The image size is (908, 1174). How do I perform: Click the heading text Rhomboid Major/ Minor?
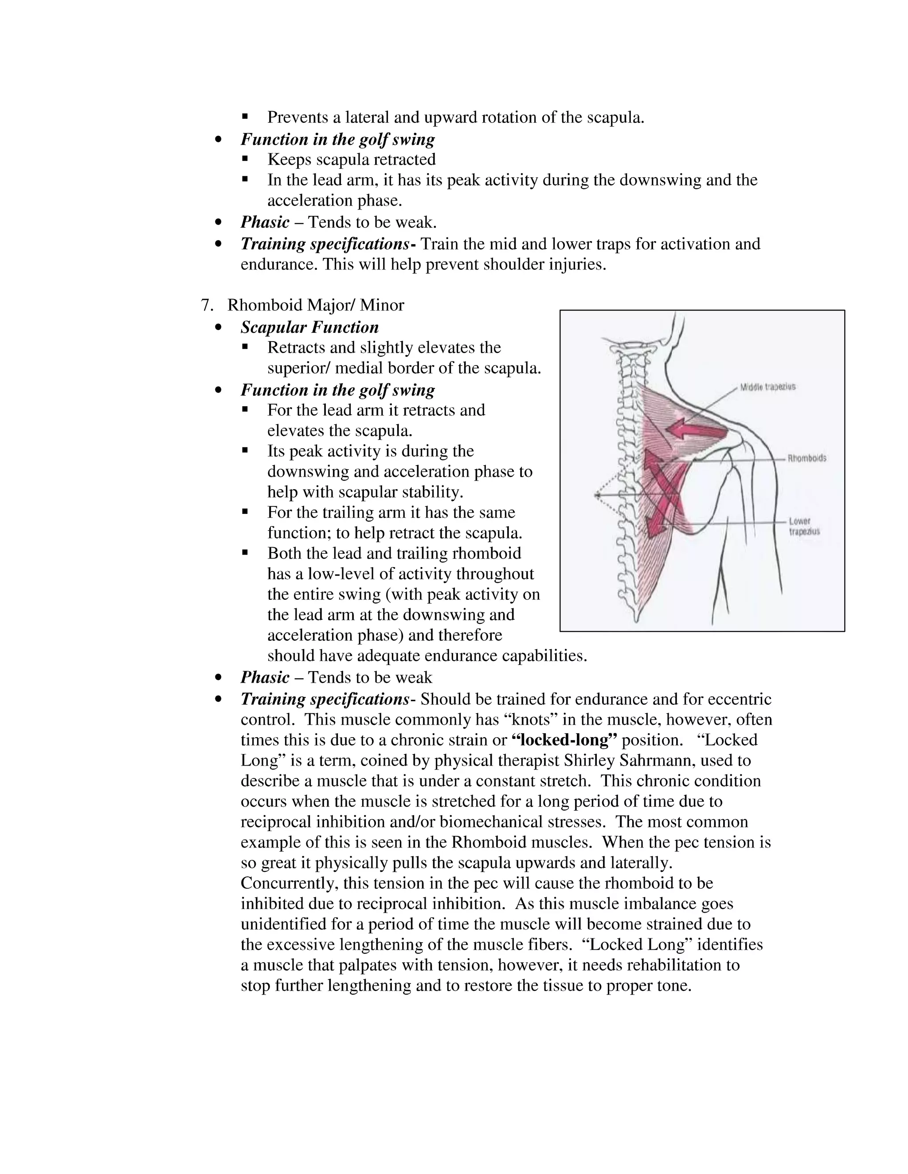click(316, 305)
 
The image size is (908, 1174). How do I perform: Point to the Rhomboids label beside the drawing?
click(807, 459)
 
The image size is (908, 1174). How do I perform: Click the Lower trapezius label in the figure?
click(804, 526)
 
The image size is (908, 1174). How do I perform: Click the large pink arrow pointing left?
click(694, 429)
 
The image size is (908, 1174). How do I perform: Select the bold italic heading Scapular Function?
click(309, 327)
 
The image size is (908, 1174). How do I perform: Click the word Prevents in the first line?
click(297, 117)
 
